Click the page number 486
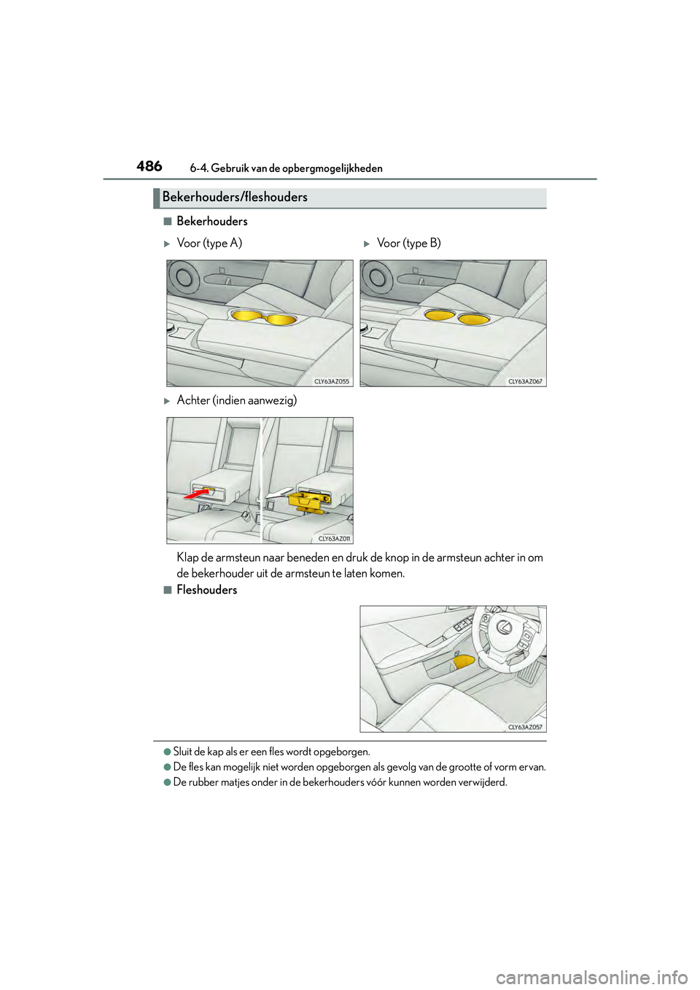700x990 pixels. pos(149,166)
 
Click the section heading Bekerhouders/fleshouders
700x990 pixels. pos(235,197)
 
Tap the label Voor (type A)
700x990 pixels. pos(209,243)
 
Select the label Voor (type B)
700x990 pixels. pos(408,243)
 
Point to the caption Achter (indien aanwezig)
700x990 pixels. pos(236,400)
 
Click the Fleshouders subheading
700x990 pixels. pos(206,590)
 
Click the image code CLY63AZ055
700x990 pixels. pos(331,381)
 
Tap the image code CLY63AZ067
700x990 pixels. pos(525,381)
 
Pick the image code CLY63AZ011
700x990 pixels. pos(334,539)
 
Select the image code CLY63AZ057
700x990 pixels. pos(525,727)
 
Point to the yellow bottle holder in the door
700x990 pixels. pos(463,662)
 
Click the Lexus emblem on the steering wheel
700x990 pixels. pos(504,627)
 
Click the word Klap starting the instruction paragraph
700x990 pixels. pos(187,558)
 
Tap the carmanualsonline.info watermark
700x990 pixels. pos(591,976)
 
